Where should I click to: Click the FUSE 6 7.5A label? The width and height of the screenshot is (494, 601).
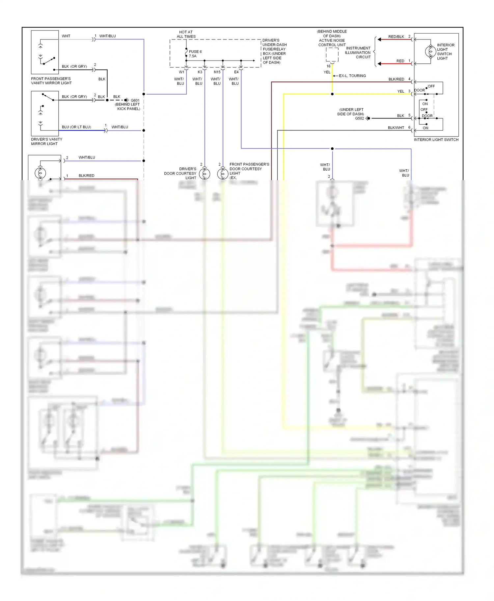[195, 54]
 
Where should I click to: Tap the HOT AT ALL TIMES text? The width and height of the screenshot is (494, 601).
[186, 34]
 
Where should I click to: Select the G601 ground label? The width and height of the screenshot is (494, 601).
[135, 100]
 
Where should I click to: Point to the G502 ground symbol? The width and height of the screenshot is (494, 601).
[368, 118]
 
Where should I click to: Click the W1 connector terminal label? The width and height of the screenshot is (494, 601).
[181, 72]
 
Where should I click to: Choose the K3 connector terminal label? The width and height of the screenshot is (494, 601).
[200, 72]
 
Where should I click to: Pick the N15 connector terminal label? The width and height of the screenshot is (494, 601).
[217, 72]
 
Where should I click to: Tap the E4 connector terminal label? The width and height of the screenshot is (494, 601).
[236, 72]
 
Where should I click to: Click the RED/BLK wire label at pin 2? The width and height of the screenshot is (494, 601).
[396, 36]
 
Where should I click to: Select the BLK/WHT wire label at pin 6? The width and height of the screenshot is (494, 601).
[396, 128]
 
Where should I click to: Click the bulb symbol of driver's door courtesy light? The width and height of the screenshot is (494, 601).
[205, 173]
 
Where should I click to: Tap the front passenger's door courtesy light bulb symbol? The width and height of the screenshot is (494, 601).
[223, 173]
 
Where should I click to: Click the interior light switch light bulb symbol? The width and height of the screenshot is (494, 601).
[430, 52]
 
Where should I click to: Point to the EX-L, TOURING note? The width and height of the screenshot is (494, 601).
[352, 76]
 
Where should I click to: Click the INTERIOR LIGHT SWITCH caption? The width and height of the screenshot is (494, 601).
[436, 139]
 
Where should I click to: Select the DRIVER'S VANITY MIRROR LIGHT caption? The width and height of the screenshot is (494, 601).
[46, 141]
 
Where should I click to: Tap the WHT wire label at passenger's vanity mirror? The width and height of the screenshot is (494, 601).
[66, 36]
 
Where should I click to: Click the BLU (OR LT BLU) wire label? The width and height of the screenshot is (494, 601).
[76, 127]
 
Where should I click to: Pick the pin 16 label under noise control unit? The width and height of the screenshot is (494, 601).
[328, 66]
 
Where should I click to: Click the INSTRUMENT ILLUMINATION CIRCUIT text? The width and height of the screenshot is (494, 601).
[358, 53]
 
